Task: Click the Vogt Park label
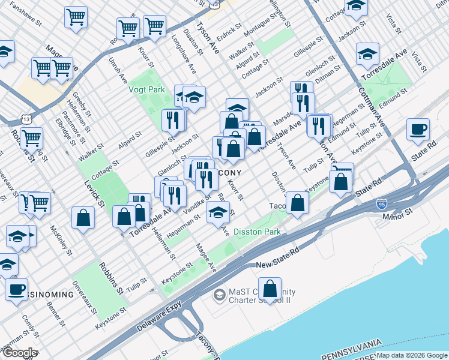tap(145, 89)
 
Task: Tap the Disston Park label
tap(256, 232)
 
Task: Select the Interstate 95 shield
tap(382, 205)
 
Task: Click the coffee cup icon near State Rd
tap(418, 130)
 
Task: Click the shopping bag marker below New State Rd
tap(270, 289)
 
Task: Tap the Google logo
tap(20, 353)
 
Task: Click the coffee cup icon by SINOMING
tap(17, 289)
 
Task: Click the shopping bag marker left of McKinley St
tap(83, 217)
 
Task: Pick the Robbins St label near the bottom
tap(112, 277)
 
